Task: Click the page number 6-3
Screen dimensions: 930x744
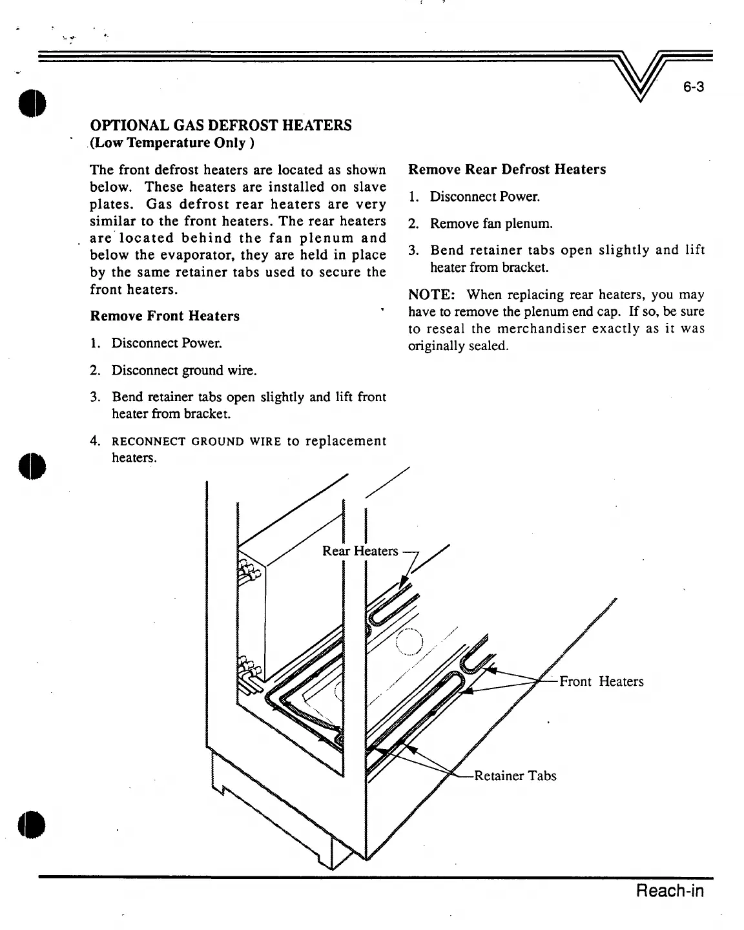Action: pos(692,87)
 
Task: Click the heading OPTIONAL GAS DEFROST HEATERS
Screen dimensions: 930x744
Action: pos(221,125)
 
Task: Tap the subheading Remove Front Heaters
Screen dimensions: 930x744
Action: pos(165,316)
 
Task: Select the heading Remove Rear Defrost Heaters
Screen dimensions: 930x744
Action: pos(507,169)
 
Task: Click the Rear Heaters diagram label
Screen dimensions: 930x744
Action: pos(360,551)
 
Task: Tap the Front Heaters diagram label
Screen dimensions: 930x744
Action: pos(601,681)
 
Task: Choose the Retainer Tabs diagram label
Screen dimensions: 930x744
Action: pos(515,776)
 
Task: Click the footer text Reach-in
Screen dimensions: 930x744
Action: pos(670,891)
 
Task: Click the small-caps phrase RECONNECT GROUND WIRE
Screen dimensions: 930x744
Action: pos(197,442)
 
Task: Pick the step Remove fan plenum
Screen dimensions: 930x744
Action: pos(491,224)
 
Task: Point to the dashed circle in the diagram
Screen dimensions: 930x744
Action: pos(409,641)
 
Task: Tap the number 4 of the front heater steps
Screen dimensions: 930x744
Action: pos(94,442)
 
